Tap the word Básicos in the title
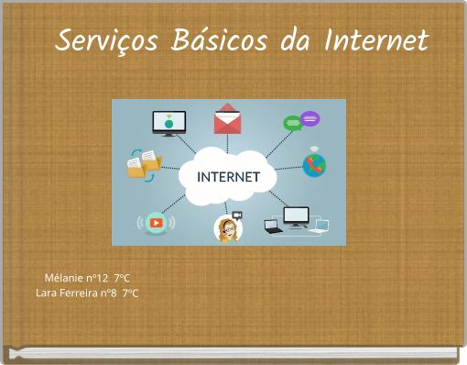click(216, 40)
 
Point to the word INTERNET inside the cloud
click(229, 175)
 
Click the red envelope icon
click(227, 119)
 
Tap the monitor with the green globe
click(168, 123)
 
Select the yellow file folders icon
click(144, 164)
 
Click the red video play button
click(156, 222)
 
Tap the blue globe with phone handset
click(314, 165)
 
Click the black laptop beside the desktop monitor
click(273, 227)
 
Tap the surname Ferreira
click(79, 293)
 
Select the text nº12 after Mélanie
click(97, 278)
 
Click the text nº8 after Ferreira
click(109, 293)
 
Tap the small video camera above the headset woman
click(236, 214)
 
